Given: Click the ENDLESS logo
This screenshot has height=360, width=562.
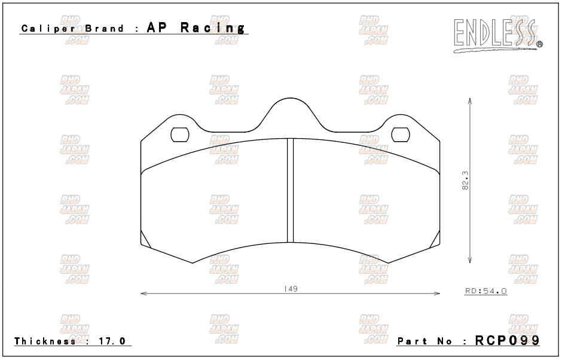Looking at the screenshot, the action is tap(498, 35).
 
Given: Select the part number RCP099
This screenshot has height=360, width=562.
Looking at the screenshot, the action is tap(507, 340).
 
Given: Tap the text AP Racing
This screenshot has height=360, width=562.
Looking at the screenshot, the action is tap(196, 28).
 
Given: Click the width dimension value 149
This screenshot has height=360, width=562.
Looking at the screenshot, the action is tap(291, 288).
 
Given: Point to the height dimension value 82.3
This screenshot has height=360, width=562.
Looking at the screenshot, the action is tap(466, 181).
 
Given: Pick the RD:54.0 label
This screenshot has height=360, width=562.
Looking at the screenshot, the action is tap(485, 291).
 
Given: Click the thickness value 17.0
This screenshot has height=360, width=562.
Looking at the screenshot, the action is tap(112, 341).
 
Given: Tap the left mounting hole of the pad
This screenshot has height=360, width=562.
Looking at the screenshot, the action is tap(179, 135).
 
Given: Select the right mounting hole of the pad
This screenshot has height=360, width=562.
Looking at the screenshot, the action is tap(401, 135).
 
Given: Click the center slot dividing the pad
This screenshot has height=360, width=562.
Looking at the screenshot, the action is tap(291, 190).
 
